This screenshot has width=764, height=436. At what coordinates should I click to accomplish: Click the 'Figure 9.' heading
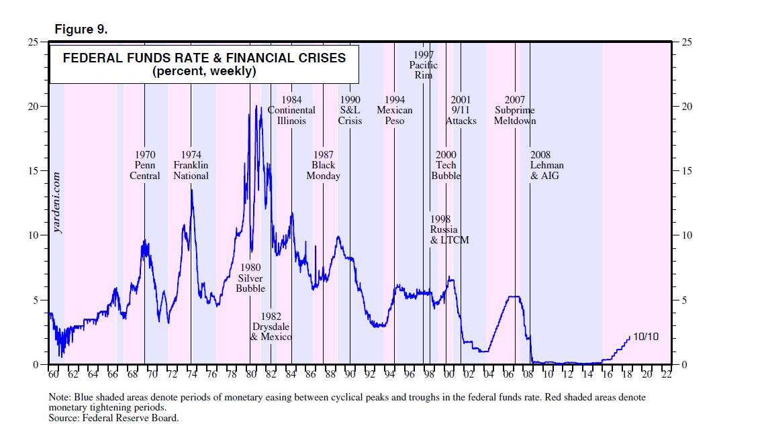click(x=81, y=30)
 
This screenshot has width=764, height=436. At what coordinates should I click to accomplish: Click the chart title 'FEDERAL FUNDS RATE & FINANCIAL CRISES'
click(x=204, y=58)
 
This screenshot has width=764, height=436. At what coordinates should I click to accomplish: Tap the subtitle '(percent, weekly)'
click(x=204, y=71)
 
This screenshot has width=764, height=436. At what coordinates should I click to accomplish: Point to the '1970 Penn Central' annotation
click(x=145, y=166)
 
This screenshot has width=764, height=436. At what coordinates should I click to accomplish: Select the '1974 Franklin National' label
click(x=191, y=166)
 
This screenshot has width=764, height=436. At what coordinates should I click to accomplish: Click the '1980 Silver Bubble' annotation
click(x=250, y=278)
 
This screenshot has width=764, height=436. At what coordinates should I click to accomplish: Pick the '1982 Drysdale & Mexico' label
click(x=271, y=326)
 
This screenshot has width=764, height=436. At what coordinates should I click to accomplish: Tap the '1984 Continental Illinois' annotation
click(x=291, y=111)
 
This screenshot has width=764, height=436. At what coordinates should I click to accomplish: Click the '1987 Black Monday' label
click(x=323, y=166)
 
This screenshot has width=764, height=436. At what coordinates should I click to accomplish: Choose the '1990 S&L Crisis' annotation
click(x=350, y=111)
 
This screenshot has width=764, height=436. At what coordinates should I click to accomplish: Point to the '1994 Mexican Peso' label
click(x=395, y=111)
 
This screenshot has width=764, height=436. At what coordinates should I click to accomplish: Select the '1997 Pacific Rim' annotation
click(x=424, y=65)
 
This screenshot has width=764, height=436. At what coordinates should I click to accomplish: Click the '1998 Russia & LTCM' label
click(x=449, y=229)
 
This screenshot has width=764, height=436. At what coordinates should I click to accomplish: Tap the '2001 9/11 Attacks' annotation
click(x=461, y=111)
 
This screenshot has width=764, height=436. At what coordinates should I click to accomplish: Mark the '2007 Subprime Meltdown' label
click(x=514, y=111)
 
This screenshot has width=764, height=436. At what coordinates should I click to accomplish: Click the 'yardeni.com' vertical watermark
click(x=58, y=202)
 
